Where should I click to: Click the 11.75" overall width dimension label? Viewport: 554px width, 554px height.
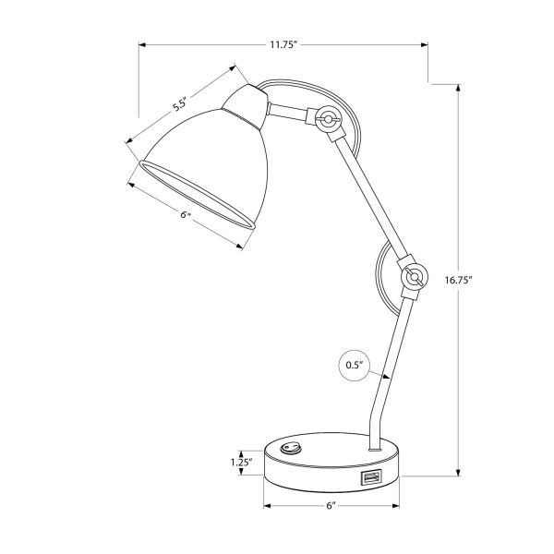point(283,42)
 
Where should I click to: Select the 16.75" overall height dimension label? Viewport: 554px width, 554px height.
point(458,280)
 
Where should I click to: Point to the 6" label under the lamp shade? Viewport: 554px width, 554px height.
point(185,214)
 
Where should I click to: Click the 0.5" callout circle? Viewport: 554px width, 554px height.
point(351,366)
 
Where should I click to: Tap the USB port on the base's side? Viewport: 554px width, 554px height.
point(371,477)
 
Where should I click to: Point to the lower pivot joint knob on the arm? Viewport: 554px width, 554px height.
point(412,275)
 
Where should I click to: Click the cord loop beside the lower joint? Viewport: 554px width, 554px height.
point(380,277)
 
